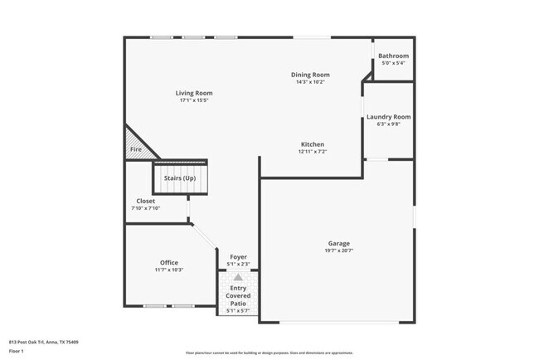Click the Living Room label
pos(193,93)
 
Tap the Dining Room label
pos(311,75)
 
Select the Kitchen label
pos(312,144)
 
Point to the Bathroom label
pos(393,56)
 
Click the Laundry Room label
pos(388,117)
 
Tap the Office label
pos(168,263)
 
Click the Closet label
pos(145,201)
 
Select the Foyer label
pos(238,257)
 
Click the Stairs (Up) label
pos(179,178)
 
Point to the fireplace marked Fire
pos(136,149)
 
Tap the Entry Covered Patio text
pos(238,296)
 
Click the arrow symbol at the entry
pos(238,277)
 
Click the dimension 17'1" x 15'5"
pos(193,100)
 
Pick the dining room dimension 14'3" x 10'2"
pos(311,82)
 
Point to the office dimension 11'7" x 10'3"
pos(168,270)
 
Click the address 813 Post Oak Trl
pos(42,341)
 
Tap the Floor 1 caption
pos(17,352)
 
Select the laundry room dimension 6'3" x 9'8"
pos(388,125)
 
